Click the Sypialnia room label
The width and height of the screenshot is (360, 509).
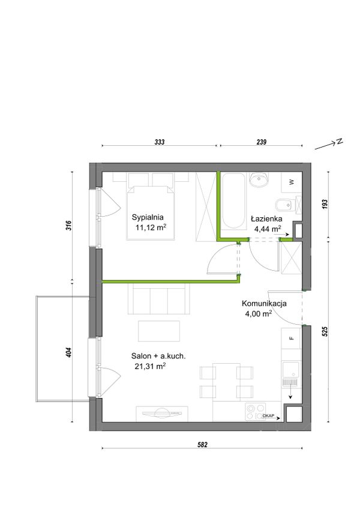(x=148, y=217)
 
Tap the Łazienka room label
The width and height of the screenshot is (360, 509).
(x=266, y=219)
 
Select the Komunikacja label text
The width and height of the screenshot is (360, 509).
(x=264, y=304)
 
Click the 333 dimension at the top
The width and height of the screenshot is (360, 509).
(x=160, y=142)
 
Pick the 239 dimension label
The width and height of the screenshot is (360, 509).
(x=262, y=142)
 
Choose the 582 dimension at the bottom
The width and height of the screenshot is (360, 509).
(x=202, y=445)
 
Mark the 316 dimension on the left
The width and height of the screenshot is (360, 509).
(x=68, y=226)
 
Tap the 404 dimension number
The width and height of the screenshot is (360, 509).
(x=68, y=353)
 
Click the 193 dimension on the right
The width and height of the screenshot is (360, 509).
(x=325, y=204)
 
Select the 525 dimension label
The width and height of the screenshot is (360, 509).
(x=325, y=331)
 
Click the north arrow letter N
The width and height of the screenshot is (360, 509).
(x=339, y=141)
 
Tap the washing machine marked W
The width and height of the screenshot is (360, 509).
(x=292, y=182)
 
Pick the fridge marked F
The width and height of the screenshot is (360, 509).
(x=291, y=339)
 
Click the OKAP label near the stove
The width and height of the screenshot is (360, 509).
(x=268, y=416)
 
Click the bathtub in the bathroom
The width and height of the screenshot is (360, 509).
(x=234, y=200)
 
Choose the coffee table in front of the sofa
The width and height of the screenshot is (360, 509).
(x=159, y=331)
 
